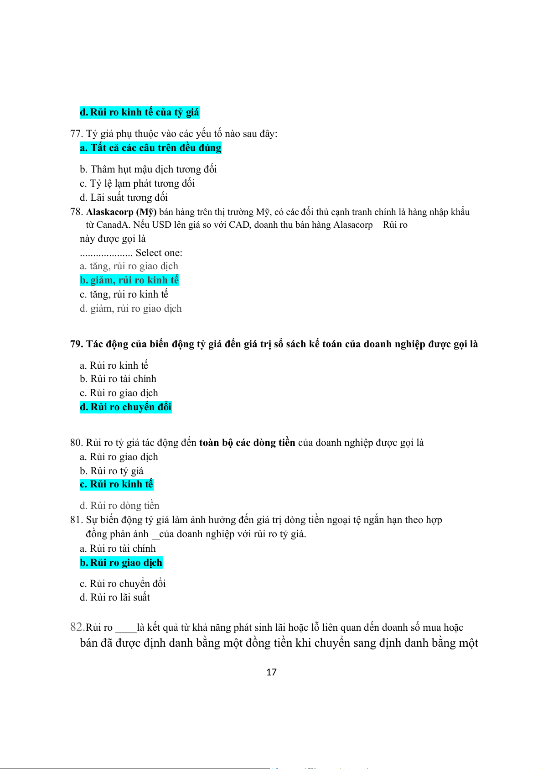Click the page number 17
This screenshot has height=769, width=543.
271,672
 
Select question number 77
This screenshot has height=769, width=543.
76,134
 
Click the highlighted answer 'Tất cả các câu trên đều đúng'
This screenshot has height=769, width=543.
155,148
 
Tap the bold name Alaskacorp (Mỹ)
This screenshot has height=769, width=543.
121,212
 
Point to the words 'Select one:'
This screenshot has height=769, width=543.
159,253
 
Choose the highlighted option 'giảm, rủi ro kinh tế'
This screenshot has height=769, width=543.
134,280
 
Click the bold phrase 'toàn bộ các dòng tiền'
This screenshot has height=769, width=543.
247,443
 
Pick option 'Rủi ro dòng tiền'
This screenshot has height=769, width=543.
124,506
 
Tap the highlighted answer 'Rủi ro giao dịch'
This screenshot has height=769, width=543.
126,563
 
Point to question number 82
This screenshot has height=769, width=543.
77,627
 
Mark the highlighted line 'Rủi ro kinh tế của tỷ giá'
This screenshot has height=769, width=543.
144,112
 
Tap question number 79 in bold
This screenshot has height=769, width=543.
76,344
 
